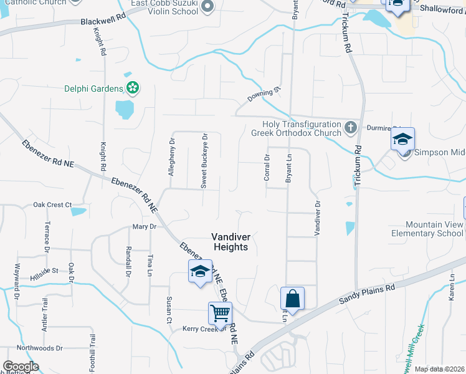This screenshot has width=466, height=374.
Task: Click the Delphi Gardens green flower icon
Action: [132, 89]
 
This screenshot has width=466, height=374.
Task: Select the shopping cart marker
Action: [220, 314]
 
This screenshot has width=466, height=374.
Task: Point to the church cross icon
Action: [351, 128]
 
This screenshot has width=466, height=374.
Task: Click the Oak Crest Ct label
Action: [53, 204]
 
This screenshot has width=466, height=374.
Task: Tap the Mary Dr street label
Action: [143, 227]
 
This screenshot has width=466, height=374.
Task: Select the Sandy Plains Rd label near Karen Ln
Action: [367, 294]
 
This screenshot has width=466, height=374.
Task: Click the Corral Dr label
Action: [267, 168]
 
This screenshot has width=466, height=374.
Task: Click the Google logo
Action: [21, 367]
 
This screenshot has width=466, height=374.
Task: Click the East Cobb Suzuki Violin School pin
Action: [208, 7]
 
